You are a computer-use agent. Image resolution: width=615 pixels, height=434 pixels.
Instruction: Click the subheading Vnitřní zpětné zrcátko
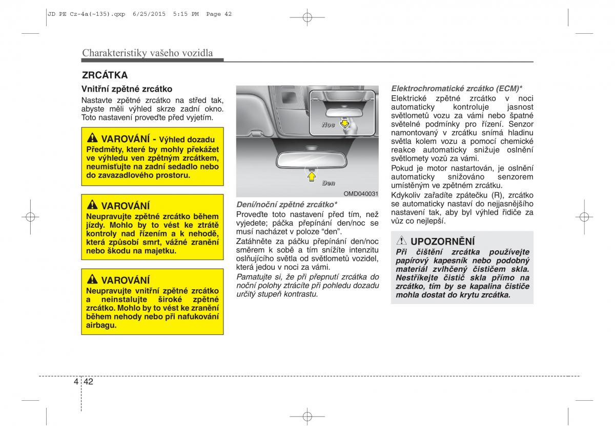127,89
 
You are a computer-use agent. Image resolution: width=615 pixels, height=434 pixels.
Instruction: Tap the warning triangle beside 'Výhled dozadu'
92,139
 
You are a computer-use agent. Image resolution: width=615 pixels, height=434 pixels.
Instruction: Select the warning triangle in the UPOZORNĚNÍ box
402,241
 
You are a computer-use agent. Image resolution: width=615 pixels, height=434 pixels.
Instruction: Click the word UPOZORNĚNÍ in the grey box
443,241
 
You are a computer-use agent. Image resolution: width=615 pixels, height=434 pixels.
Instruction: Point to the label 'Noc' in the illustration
329,125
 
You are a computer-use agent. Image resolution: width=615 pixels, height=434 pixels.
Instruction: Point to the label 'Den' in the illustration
329,183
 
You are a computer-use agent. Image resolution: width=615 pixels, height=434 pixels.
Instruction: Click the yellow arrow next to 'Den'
310,176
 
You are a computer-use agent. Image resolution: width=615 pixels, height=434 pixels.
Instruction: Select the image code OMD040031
361,194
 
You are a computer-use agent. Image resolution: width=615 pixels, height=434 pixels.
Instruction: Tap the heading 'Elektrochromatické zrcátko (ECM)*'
457,88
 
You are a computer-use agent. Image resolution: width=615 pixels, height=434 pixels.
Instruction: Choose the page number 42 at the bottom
89,381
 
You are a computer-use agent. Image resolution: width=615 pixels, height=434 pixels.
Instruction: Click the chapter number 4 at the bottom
76,381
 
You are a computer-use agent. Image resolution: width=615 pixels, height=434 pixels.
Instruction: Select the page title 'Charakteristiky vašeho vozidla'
148,53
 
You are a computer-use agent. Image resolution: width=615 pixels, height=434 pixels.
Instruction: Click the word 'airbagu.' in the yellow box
101,325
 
